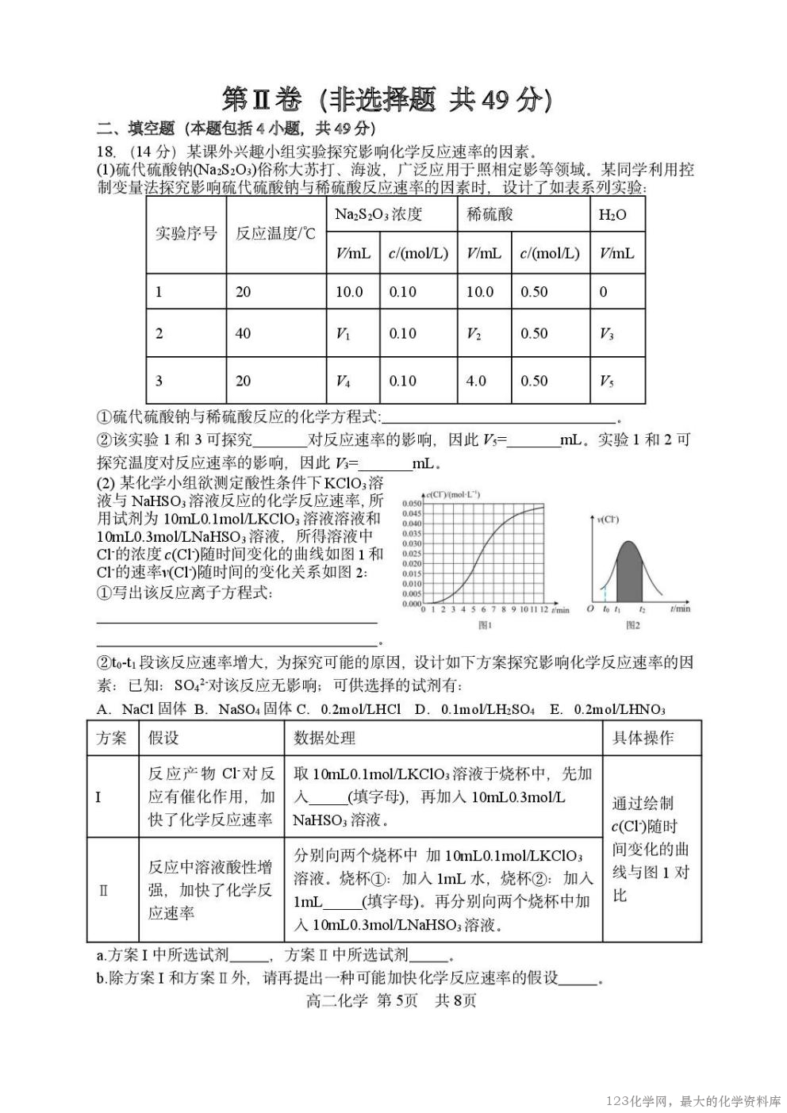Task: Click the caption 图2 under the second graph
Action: (x=632, y=625)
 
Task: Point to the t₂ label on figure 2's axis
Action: (x=642, y=609)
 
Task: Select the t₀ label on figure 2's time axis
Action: (x=606, y=609)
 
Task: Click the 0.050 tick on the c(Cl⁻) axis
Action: (x=411, y=504)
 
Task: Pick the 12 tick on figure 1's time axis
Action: (x=543, y=610)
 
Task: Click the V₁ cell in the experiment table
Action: (x=343, y=334)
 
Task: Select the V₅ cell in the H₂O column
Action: (x=607, y=381)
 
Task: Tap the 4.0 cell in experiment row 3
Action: (x=476, y=381)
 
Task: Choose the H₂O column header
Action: (x=612, y=214)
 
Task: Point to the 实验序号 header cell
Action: (x=186, y=233)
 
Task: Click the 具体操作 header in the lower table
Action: (x=643, y=738)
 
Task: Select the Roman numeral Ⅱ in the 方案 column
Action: (x=103, y=890)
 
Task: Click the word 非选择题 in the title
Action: (x=383, y=100)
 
